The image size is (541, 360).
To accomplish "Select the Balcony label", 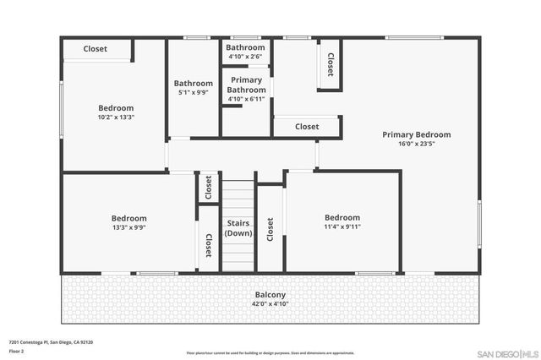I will [271, 296].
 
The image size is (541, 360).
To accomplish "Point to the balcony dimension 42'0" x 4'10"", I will [271, 304].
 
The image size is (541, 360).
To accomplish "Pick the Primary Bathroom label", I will [247, 85].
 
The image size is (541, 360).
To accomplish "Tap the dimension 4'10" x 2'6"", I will [246, 57].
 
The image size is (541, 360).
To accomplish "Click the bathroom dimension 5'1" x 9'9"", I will [194, 93].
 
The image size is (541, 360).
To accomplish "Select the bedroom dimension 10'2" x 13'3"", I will [116, 117].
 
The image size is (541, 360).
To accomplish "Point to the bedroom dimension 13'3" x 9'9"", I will [129, 227].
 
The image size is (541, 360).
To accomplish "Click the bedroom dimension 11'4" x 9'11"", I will [342, 226].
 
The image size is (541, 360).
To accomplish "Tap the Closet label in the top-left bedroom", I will [95, 49].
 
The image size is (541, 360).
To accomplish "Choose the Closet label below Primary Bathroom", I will [307, 127].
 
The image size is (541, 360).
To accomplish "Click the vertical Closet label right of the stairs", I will [270, 231].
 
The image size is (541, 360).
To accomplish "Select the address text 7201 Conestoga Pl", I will [51, 341].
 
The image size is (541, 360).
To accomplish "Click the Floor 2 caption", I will [16, 350].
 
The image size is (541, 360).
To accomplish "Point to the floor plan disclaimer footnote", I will [271, 352].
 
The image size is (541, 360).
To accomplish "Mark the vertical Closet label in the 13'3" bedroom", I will [208, 244].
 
